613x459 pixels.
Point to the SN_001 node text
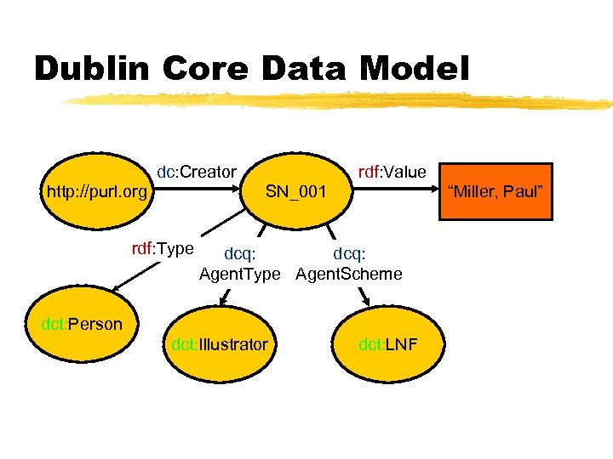point(295,191)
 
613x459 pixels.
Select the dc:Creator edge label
point(197,172)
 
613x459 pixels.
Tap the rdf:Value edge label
point(392,172)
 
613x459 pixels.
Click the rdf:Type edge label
point(162,249)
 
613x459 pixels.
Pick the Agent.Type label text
point(239,274)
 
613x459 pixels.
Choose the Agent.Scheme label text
point(349,274)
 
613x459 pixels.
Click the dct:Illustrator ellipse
point(219,345)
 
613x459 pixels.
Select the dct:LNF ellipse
point(387,345)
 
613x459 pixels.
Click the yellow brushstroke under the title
point(341,101)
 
